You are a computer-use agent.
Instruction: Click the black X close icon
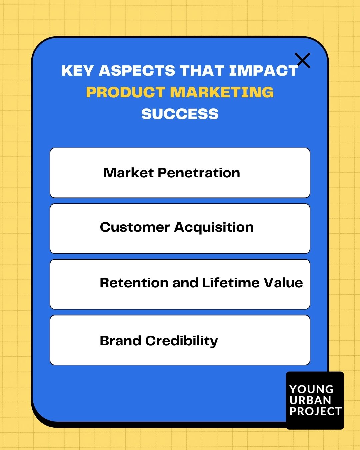click(303, 60)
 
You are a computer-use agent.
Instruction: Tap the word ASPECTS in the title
click(137, 71)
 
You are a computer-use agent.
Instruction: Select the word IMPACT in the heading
click(263, 71)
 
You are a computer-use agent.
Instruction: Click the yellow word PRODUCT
click(126, 92)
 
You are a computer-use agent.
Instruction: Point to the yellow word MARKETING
click(222, 92)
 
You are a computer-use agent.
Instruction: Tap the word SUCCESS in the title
click(180, 114)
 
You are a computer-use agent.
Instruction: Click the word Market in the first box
click(128, 173)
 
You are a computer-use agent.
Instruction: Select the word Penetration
click(199, 173)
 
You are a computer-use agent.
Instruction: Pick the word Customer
click(135, 227)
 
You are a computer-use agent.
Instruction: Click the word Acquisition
click(214, 227)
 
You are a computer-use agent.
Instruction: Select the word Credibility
click(182, 341)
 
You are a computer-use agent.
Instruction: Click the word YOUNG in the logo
click(311, 389)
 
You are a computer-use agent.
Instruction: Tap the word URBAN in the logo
click(310, 400)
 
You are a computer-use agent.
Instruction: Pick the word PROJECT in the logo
click(315, 411)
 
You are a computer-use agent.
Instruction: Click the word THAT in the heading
click(202, 71)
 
